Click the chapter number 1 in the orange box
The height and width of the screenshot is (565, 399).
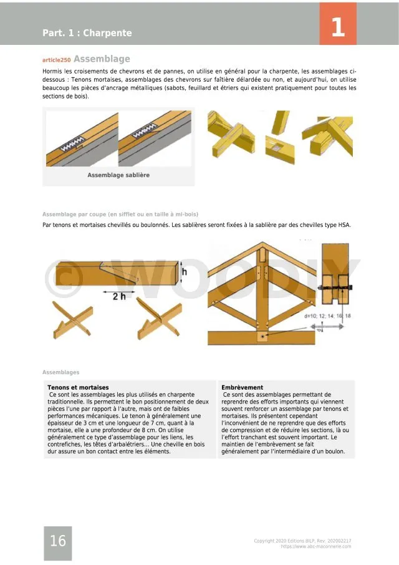[338, 27]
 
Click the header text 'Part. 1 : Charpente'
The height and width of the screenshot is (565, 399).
[87, 33]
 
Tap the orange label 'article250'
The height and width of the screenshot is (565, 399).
[56, 60]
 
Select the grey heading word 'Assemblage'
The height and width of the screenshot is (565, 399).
[102, 59]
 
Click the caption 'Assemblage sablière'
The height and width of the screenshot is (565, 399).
[118, 175]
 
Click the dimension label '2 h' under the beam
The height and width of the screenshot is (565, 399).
[118, 296]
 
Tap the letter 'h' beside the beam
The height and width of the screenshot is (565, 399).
[185, 271]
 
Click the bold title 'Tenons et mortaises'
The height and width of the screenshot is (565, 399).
[78, 387]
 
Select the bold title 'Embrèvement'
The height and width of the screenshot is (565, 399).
[243, 387]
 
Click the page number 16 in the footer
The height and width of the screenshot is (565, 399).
[57, 541]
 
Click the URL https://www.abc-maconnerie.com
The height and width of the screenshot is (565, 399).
[315, 546]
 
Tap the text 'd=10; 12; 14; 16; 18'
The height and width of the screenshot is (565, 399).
[327, 316]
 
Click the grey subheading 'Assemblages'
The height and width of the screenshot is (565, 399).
[60, 372]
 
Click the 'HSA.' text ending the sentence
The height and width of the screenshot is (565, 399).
[344, 225]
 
